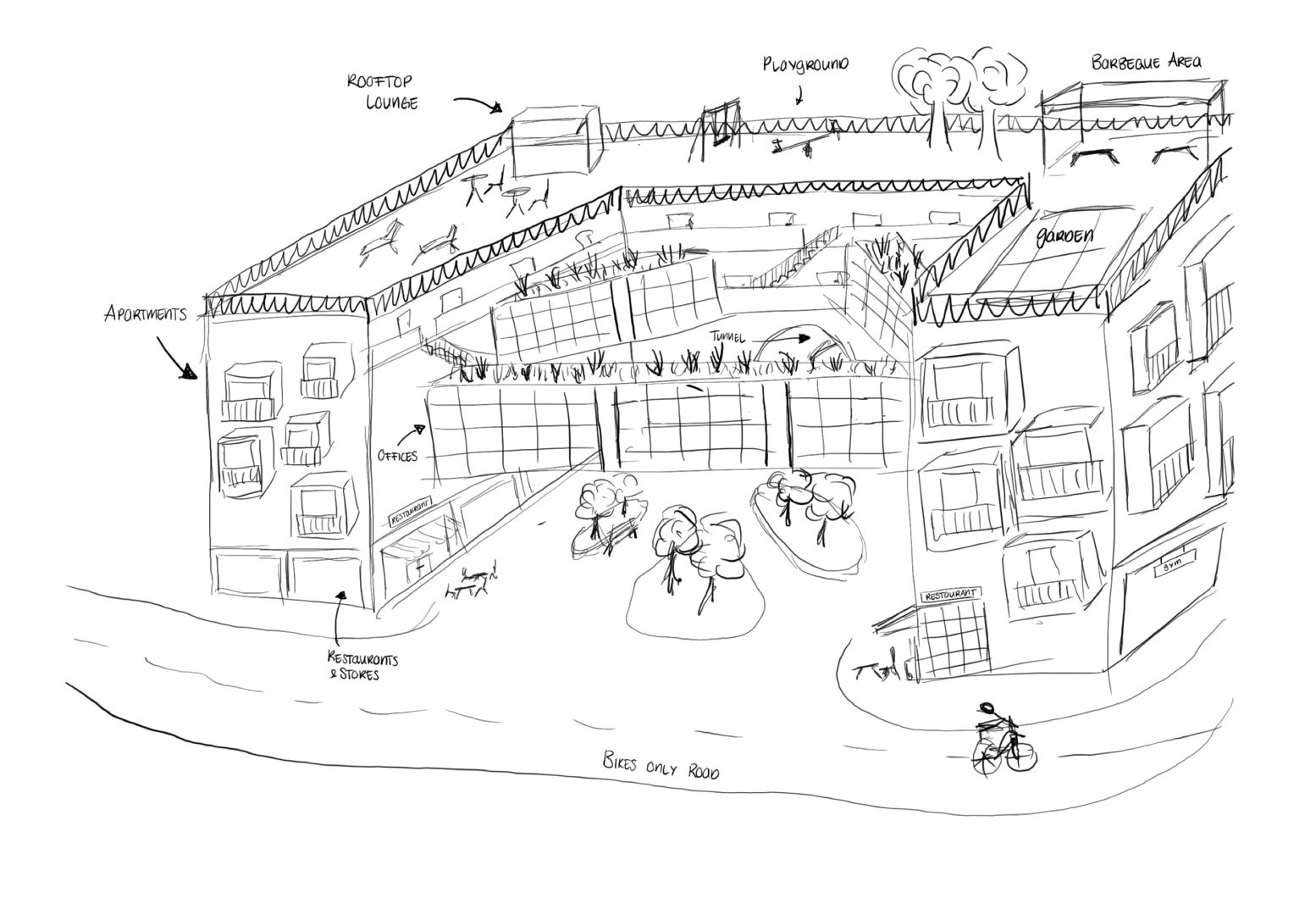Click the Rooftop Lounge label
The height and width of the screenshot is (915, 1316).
click(382, 91)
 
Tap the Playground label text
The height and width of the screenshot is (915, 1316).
click(805, 65)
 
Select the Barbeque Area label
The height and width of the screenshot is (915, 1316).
click(1146, 63)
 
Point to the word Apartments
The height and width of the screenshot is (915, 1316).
click(145, 314)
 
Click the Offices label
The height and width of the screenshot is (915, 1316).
click(397, 456)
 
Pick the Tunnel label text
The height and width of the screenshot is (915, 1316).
click(727, 338)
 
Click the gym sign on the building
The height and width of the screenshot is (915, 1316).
click(1175, 561)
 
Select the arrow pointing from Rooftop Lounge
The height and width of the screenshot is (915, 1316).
click(478, 103)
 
